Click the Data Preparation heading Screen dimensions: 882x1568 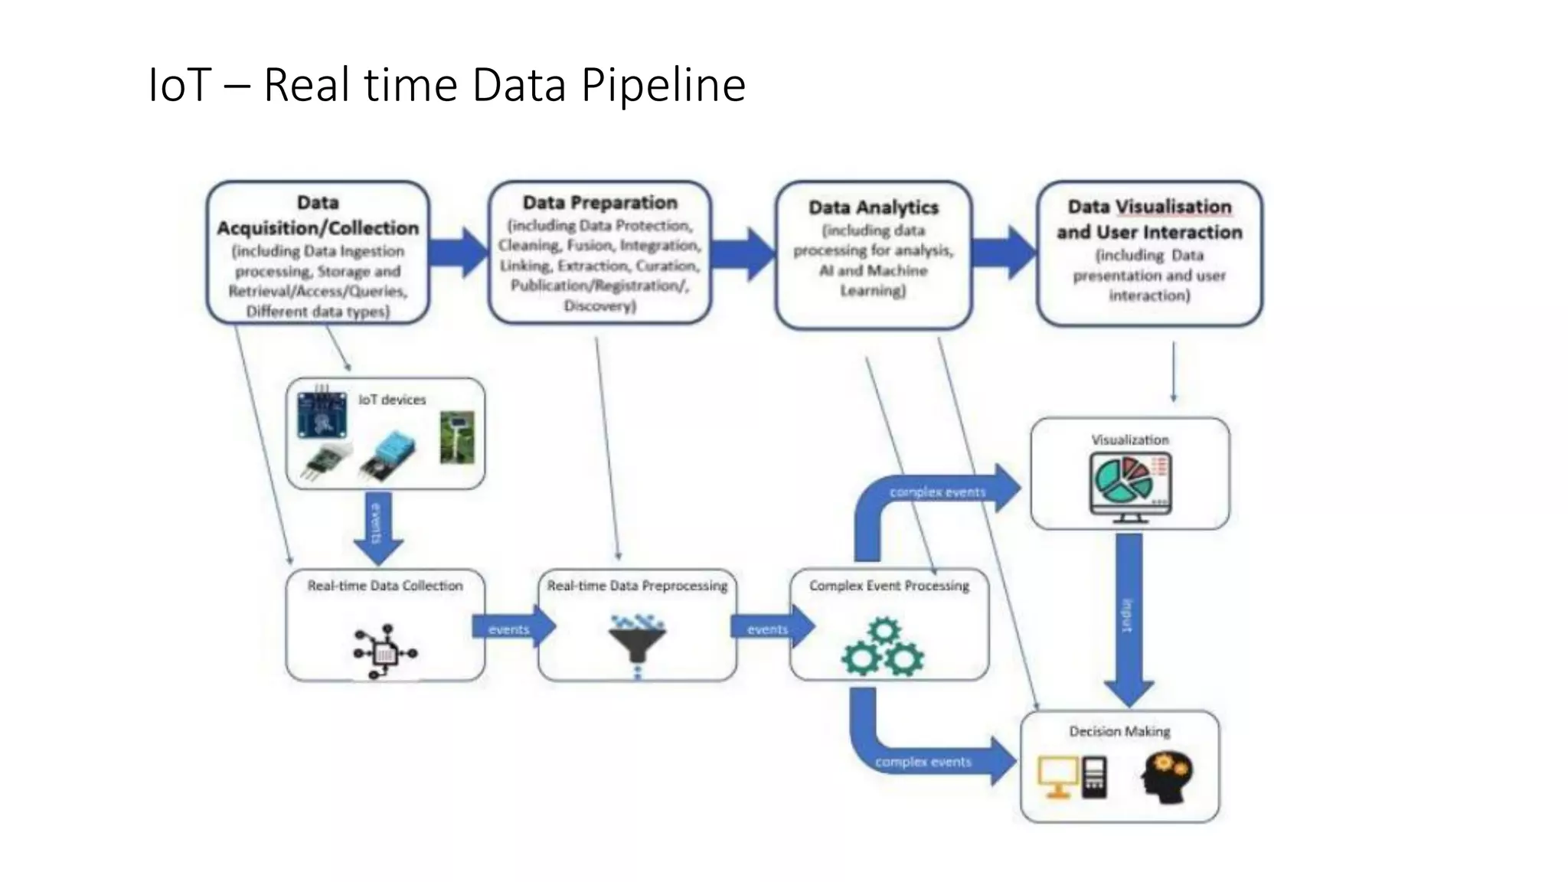pyautogui.click(x=599, y=203)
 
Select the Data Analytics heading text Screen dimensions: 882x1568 pyautogui.click(x=873, y=207)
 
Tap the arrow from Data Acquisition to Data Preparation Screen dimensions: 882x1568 pyautogui.click(x=458, y=252)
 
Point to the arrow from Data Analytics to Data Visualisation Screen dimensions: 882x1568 pyautogui.click(x=1004, y=252)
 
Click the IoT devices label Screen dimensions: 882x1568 pyautogui.click(x=391, y=400)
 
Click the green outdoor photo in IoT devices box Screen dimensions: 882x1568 pyautogui.click(x=456, y=437)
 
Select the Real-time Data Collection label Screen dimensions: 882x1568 pyautogui.click(x=385, y=586)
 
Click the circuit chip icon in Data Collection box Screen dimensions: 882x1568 pyautogui.click(x=384, y=652)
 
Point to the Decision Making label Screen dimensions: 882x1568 pyautogui.click(x=1119, y=731)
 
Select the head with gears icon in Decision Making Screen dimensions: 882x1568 pyautogui.click(x=1165, y=776)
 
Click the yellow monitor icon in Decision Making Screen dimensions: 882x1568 pyautogui.click(x=1057, y=776)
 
